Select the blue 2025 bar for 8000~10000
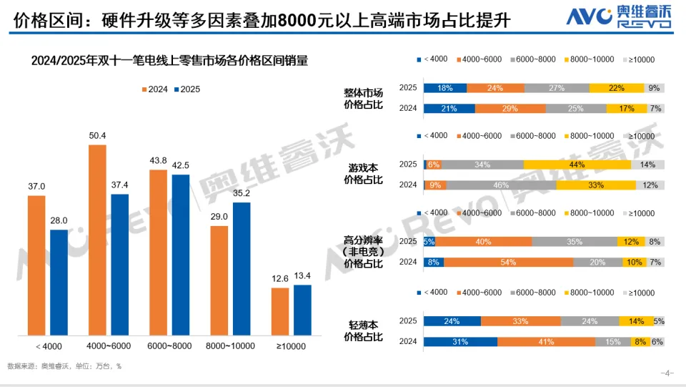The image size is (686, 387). [x=242, y=268]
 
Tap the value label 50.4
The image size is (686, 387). [x=97, y=136]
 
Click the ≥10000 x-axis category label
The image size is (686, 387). [x=292, y=347]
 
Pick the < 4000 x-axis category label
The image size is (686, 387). [x=47, y=347]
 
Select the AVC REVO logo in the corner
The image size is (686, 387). [x=619, y=16]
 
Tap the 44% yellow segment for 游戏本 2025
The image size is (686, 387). [x=577, y=165]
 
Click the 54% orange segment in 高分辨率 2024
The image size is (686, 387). [x=508, y=262]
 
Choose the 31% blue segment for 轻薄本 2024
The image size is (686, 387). [x=460, y=342]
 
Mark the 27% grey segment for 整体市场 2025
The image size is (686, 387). [x=557, y=88]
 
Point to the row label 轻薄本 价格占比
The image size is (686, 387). [x=363, y=331]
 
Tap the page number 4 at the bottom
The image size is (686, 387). [x=669, y=373]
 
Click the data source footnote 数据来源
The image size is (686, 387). [x=64, y=366]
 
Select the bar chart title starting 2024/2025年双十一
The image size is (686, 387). [x=169, y=61]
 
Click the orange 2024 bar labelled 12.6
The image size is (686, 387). [x=280, y=311]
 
